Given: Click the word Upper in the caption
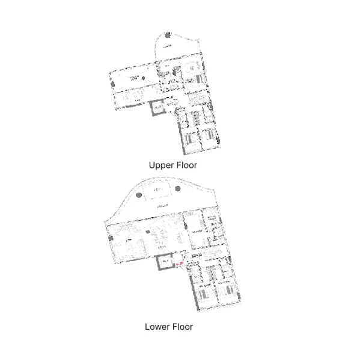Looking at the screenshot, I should pyautogui.click(x=161, y=164).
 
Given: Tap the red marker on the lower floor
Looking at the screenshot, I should pyautogui.click(x=181, y=262).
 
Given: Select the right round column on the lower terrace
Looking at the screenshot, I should pyautogui.click(x=177, y=189).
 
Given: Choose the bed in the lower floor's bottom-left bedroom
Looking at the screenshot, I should pyautogui.click(x=203, y=294).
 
